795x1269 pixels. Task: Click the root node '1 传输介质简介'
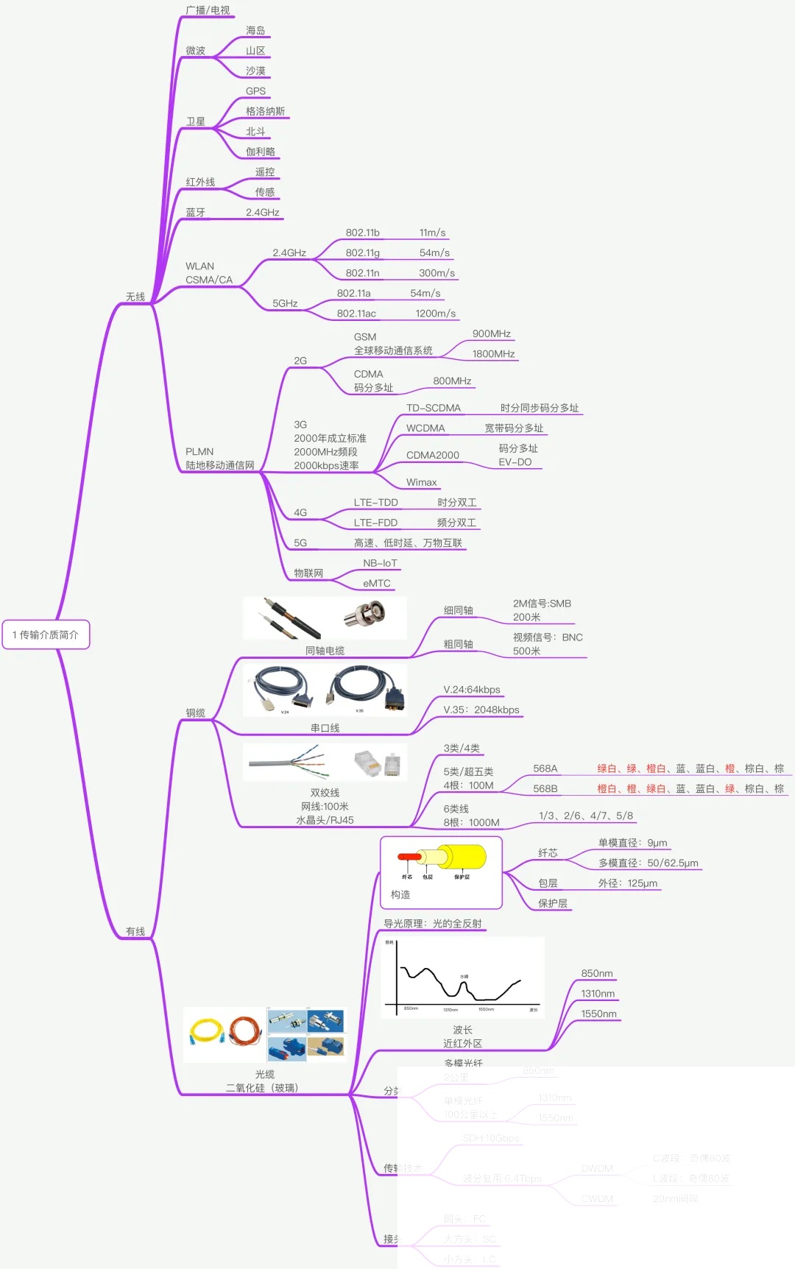pos(46,634)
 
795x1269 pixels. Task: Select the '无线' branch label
pos(135,297)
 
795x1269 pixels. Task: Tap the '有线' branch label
pos(135,931)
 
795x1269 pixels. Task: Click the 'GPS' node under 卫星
pos(255,91)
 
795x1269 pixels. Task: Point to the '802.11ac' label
pos(356,314)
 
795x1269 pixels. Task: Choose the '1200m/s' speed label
pos(435,314)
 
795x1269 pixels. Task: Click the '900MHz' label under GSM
pos(491,333)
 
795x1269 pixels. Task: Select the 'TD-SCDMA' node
pos(433,408)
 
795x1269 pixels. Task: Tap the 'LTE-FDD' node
pos(375,523)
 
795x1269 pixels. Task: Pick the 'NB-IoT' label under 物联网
pos(380,563)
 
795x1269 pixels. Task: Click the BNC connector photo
pos(365,615)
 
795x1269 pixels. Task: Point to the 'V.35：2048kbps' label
pos(481,710)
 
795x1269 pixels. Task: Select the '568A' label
pos(545,768)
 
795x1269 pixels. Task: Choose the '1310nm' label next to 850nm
pos(597,994)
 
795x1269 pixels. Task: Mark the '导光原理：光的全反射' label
pos(432,924)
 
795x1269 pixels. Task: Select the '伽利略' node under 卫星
pos(261,152)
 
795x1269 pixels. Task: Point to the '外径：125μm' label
pos(627,883)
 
